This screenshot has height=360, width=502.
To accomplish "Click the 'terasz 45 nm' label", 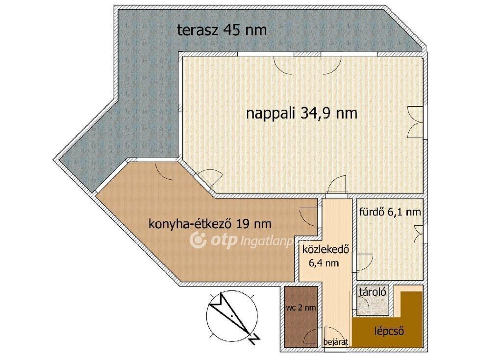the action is pyautogui.click(x=222, y=30).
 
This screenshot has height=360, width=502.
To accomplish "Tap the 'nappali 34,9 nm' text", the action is pyautogui.click(x=301, y=113).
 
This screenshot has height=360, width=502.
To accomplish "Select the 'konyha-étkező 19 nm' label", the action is pyautogui.click(x=210, y=224).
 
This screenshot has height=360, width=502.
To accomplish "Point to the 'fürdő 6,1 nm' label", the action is pyautogui.click(x=390, y=212).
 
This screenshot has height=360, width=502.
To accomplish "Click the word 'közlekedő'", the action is pyautogui.click(x=326, y=249).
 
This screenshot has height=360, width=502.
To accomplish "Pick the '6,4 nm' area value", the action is pyautogui.click(x=324, y=263).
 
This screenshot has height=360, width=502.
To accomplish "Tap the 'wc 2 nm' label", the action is pyautogui.click(x=301, y=308).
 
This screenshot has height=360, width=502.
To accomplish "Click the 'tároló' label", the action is pyautogui.click(x=373, y=292).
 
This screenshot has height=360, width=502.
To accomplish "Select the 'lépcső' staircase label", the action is pyautogui.click(x=389, y=331).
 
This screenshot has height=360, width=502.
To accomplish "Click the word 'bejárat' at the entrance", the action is pyautogui.click(x=335, y=342).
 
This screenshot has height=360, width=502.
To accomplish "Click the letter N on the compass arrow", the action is pyautogui.click(x=254, y=338).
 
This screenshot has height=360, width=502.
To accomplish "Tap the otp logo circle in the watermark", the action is pyautogui.click(x=198, y=240).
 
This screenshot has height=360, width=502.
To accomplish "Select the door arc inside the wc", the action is pyautogui.click(x=310, y=336).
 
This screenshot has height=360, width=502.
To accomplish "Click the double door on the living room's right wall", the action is pyautogui.click(x=416, y=122).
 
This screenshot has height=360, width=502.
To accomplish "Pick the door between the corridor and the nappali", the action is pyautogui.click(x=337, y=185).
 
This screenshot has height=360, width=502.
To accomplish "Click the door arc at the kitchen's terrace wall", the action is pyautogui.click(x=163, y=172).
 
